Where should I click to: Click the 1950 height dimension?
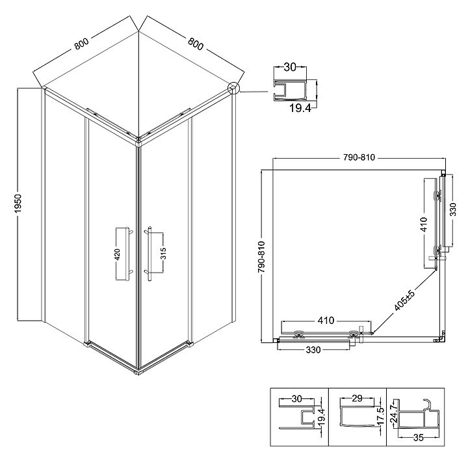click(x=18, y=203)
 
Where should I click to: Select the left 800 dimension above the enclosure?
click(x=81, y=44)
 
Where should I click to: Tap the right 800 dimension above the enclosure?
click(x=196, y=44)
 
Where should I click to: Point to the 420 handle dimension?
click(x=117, y=254)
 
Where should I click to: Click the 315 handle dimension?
click(x=163, y=253)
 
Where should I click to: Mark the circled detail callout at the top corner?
click(x=233, y=88)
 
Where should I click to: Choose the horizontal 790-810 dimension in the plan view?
click(x=358, y=157)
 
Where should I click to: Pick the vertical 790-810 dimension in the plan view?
click(x=261, y=257)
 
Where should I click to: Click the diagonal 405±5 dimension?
click(x=404, y=299)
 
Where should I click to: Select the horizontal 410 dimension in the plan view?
click(x=326, y=321)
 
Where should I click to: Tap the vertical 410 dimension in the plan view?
click(x=424, y=224)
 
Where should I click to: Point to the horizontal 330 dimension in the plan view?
click(x=313, y=349)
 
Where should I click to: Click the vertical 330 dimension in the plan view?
click(x=453, y=210)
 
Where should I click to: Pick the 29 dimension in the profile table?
click(x=357, y=398)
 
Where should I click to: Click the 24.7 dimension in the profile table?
click(x=394, y=413)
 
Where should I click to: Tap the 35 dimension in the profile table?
click(x=419, y=438)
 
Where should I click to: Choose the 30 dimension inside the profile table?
click(x=296, y=399)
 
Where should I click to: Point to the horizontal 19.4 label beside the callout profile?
click(x=300, y=108)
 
